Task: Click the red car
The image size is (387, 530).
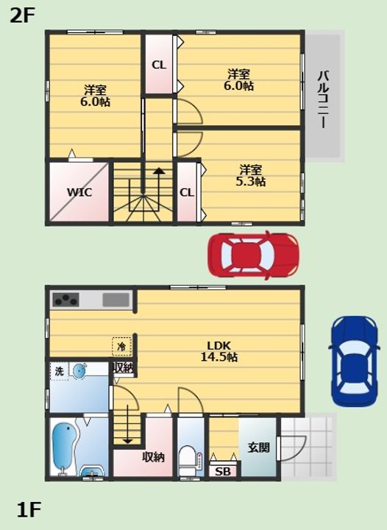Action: (253, 255)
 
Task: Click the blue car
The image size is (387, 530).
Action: (354, 361)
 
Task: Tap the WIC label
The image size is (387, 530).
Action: (79, 192)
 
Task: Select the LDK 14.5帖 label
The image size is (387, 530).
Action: (219, 351)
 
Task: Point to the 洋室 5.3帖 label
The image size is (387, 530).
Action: (251, 175)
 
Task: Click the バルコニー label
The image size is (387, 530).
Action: (323, 99)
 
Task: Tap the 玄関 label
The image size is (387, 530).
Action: (259, 448)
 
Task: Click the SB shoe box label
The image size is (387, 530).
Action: (223, 471)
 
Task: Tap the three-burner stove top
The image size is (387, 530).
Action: (66, 300)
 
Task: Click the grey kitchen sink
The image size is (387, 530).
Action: (116, 300)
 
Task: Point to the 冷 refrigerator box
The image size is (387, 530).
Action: (121, 347)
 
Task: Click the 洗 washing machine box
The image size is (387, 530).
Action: (60, 371)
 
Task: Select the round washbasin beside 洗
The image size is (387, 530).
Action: (79, 370)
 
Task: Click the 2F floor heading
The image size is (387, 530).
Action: (23, 15)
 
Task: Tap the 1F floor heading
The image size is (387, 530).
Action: (29, 509)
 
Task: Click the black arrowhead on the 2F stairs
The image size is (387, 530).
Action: (159, 171)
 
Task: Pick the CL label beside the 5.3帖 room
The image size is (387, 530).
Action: (187, 193)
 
